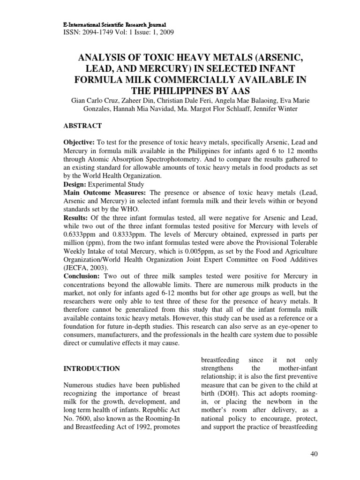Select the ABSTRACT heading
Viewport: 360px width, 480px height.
(82, 127)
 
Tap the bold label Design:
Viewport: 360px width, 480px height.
(75, 184)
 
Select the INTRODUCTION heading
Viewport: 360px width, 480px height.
(92, 369)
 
